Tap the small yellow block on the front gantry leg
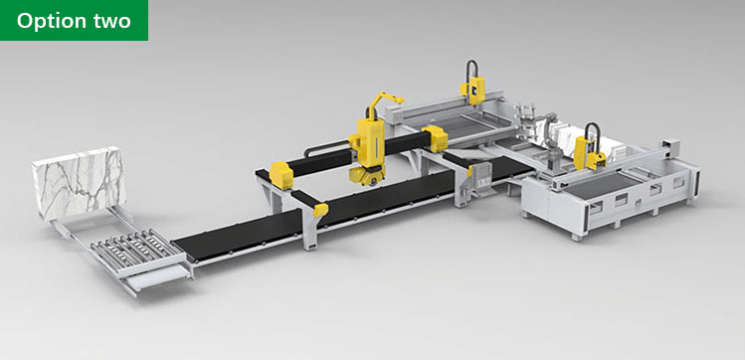click(x=319, y=210)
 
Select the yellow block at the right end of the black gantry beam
click(x=434, y=140)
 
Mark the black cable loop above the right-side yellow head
click(x=592, y=128)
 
